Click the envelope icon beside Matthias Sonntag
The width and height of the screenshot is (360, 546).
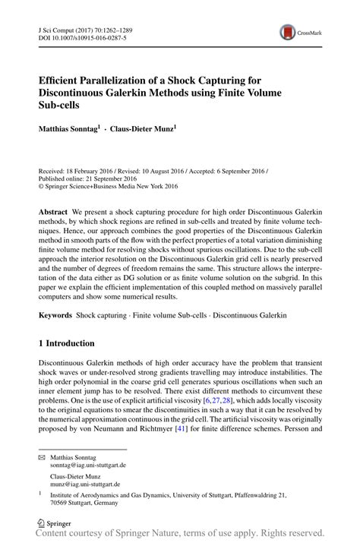coord(43,456)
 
